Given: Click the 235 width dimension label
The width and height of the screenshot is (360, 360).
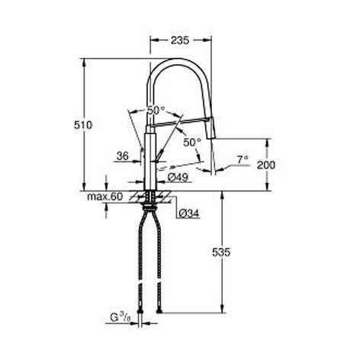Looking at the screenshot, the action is click(180, 40).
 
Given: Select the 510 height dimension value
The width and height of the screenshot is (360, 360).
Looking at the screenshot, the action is click(83, 125).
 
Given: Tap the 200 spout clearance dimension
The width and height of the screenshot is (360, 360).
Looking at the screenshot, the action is click(266, 166).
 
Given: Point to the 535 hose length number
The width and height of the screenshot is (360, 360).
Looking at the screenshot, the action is click(221, 252).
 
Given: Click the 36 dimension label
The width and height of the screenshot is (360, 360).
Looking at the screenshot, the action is click(123, 156).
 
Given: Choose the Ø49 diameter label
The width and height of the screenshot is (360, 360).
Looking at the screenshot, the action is click(178, 177).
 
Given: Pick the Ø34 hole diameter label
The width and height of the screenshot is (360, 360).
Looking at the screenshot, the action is click(189, 214).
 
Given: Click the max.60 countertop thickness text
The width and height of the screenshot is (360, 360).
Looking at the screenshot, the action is click(105, 196).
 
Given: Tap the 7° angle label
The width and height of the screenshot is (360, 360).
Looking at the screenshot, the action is click(243, 160).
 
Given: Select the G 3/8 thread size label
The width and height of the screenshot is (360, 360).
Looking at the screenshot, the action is click(120, 317).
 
